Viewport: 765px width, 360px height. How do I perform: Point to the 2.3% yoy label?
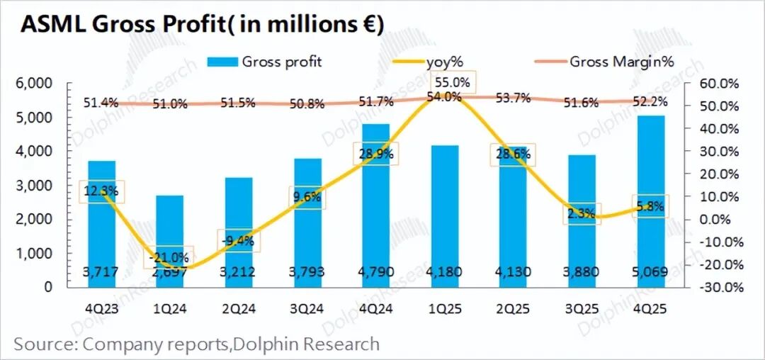[x=581, y=212]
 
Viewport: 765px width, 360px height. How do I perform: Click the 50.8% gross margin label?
[x=307, y=104]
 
